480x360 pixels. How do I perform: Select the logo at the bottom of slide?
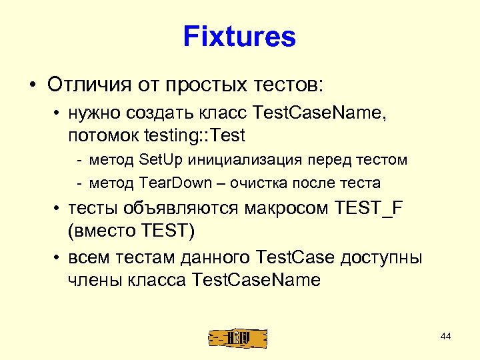tap(237, 338)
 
